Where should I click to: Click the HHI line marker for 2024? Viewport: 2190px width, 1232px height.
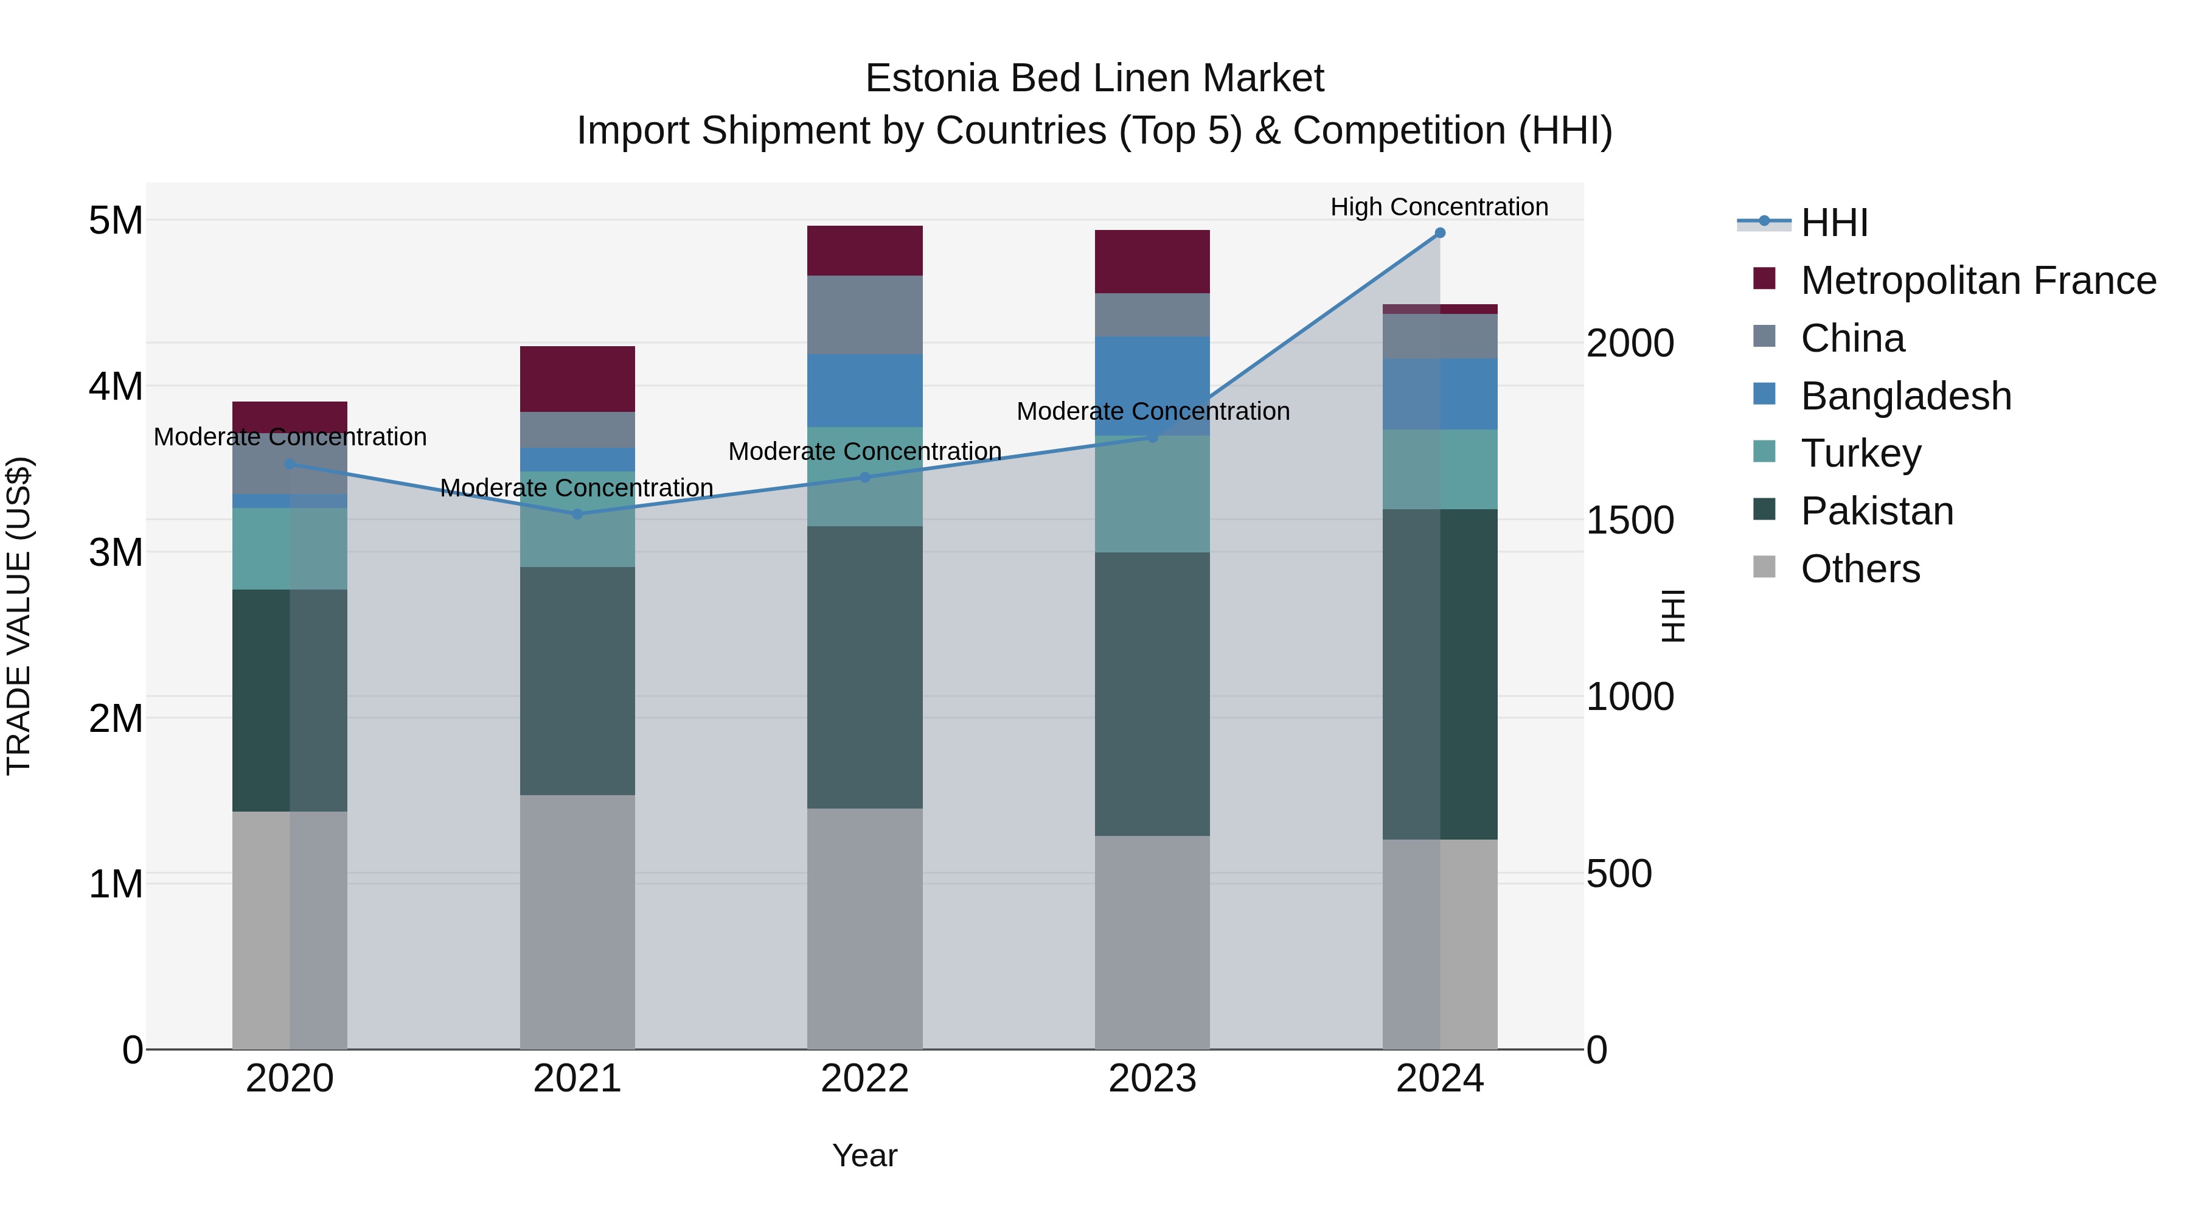pyautogui.click(x=1439, y=233)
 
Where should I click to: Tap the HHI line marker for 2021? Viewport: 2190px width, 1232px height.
pyautogui.click(x=577, y=513)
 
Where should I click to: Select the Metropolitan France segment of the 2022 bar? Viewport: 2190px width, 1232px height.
pyautogui.click(x=864, y=251)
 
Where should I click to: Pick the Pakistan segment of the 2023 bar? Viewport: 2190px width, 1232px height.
pyautogui.click(x=1152, y=694)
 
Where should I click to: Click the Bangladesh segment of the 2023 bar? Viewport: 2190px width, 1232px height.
pyautogui.click(x=1152, y=385)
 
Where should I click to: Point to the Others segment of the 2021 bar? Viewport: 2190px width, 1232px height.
pyautogui.click(x=577, y=922)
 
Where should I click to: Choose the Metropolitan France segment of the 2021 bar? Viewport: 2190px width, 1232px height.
pyautogui.click(x=577, y=379)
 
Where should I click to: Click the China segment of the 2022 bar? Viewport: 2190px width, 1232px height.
pyautogui.click(x=864, y=315)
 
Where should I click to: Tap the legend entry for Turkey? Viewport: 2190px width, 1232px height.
pyautogui.click(x=1860, y=453)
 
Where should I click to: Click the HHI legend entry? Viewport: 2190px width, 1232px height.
pyautogui.click(x=1833, y=223)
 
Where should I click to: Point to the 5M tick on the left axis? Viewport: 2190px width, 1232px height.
pyautogui.click(x=116, y=220)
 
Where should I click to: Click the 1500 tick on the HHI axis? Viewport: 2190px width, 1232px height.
pyautogui.click(x=1630, y=520)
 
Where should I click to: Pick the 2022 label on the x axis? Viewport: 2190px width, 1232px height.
pyautogui.click(x=864, y=1079)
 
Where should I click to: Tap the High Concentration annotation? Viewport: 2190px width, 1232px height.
pyautogui.click(x=1439, y=207)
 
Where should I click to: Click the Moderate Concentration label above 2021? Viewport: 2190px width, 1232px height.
pyautogui.click(x=577, y=488)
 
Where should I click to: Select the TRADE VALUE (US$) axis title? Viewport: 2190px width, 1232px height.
pyautogui.click(x=19, y=616)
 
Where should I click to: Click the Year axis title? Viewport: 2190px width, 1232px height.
pyautogui.click(x=864, y=1155)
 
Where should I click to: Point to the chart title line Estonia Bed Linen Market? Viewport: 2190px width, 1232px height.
pyautogui.click(x=1094, y=78)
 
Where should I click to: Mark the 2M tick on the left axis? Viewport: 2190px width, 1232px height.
pyautogui.click(x=116, y=719)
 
